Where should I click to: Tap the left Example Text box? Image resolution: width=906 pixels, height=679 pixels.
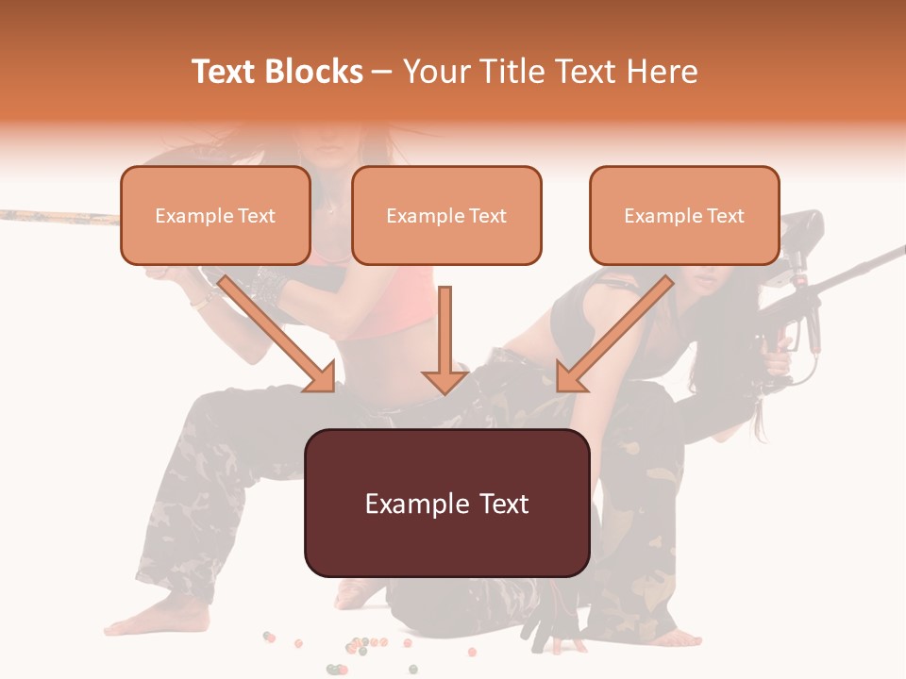point(215,215)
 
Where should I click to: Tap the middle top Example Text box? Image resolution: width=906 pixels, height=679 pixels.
point(446,215)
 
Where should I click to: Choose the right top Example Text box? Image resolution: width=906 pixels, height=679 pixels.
point(684,215)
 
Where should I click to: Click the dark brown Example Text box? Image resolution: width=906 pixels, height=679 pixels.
point(446,503)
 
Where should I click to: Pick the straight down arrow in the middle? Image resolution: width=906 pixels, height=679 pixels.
point(445,339)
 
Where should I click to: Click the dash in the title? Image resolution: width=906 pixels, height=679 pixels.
point(382,72)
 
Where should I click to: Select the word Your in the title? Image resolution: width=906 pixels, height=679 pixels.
point(436,72)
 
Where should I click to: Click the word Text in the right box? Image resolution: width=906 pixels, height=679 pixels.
point(725,216)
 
